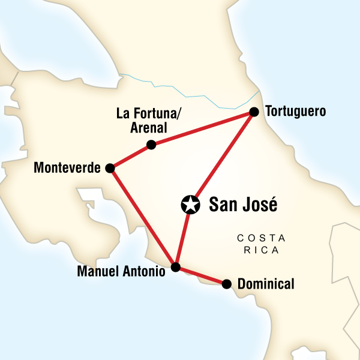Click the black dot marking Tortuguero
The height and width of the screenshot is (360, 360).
click(x=254, y=112)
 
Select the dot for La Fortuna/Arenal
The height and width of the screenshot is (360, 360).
click(x=151, y=144)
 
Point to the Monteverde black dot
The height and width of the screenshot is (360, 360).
click(x=110, y=169)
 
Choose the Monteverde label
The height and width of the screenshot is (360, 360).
click(x=67, y=169)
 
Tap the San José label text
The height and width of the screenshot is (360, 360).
click(x=243, y=205)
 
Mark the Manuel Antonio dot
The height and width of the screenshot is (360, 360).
click(x=175, y=267)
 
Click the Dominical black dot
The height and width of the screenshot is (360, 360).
click(x=226, y=284)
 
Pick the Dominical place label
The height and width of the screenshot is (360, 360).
click(x=266, y=284)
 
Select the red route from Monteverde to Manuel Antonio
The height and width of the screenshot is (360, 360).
click(x=142, y=217)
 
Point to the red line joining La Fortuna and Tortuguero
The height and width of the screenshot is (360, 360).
click(x=202, y=128)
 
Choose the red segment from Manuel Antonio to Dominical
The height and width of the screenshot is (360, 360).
click(x=200, y=275)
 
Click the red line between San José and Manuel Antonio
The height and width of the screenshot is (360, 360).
click(x=182, y=236)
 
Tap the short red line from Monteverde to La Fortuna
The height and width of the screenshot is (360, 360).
click(x=130, y=157)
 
